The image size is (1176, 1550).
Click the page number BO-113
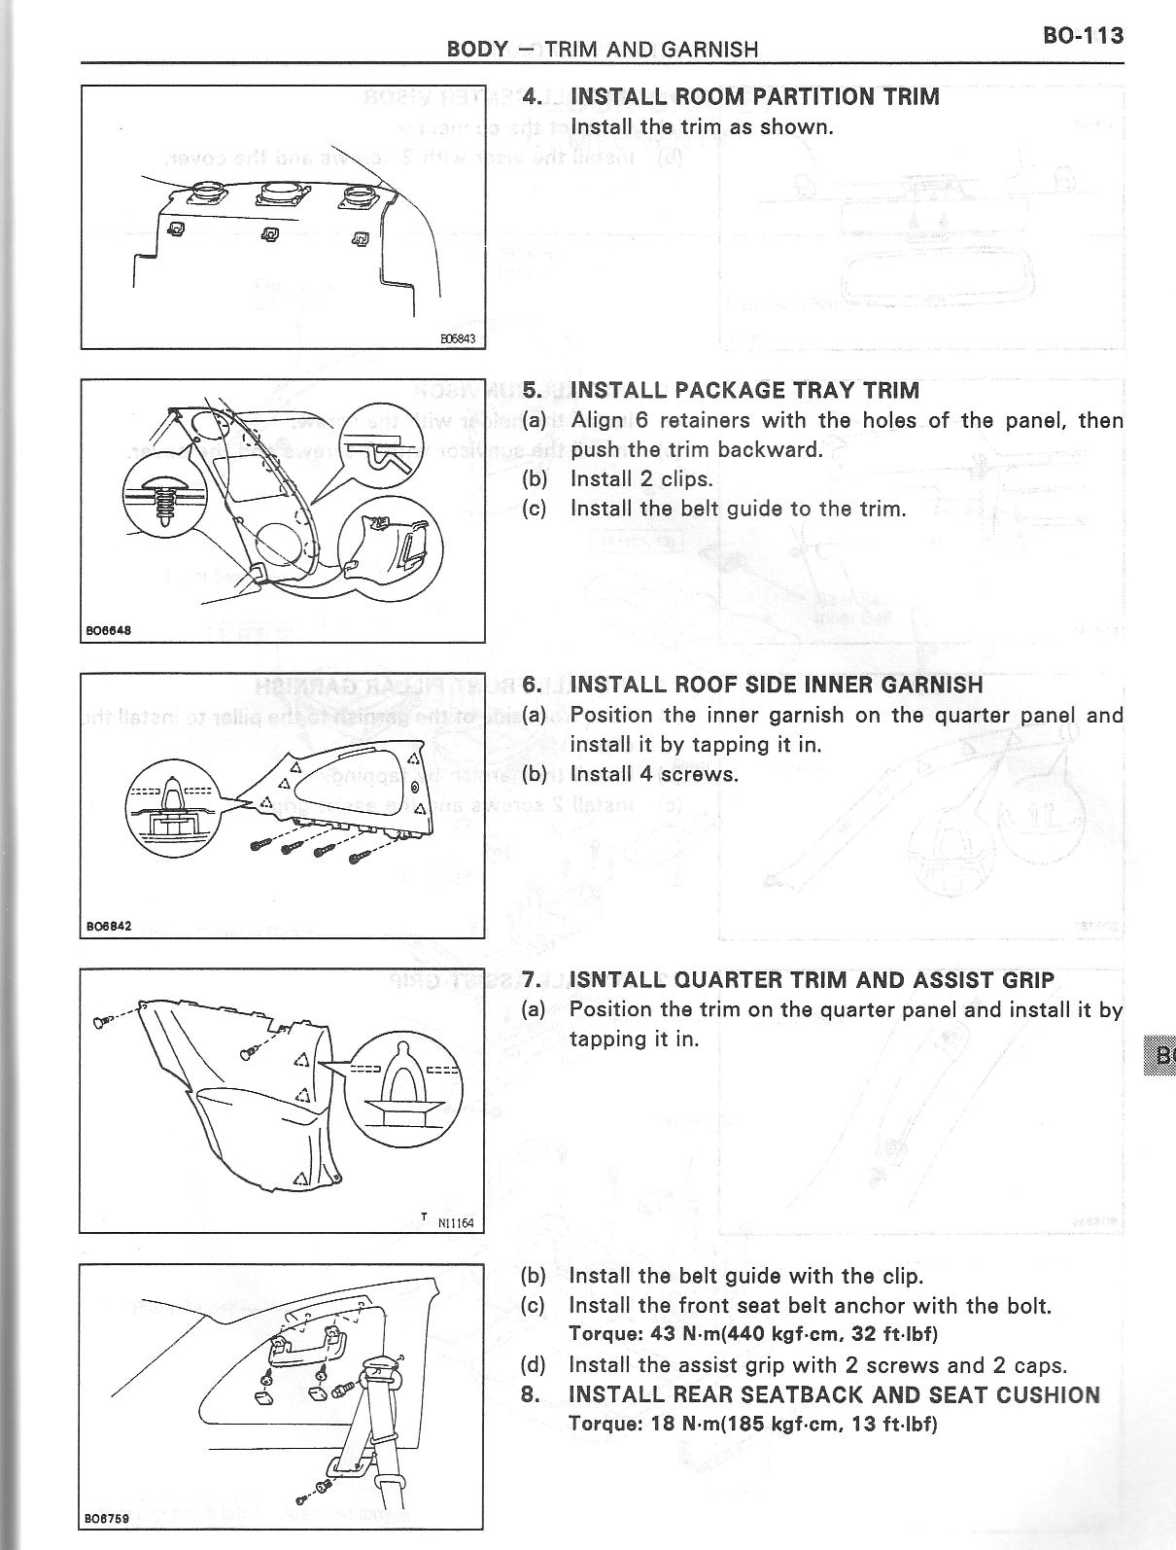point(1083,36)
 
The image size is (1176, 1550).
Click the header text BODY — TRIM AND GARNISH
point(602,49)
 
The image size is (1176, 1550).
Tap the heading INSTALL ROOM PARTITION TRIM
point(754,96)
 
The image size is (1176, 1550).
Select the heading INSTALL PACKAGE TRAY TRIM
point(744,390)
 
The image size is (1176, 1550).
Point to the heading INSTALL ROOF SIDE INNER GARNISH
point(776,685)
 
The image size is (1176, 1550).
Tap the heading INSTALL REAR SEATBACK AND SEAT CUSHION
point(833,1394)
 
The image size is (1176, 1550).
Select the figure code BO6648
point(107,629)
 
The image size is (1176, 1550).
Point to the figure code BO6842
point(107,926)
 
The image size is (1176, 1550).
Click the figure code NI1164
point(455,1222)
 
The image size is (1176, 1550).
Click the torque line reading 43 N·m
point(752,1333)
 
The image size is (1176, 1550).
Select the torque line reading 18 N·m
point(752,1424)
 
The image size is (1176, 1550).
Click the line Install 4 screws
point(653,774)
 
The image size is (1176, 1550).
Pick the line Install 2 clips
point(640,478)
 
